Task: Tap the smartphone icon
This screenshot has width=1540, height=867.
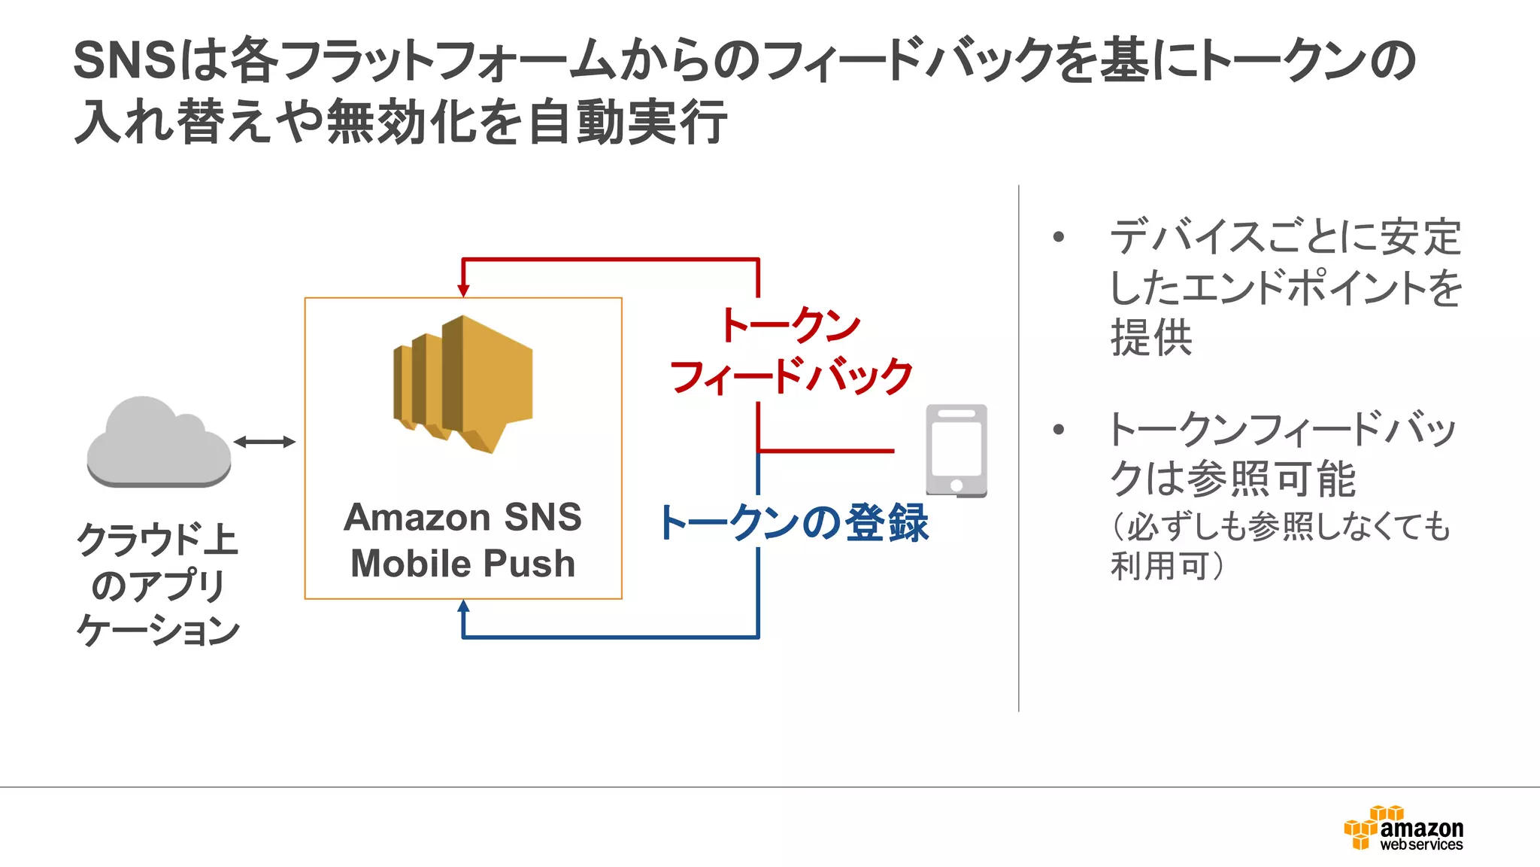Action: pos(956,451)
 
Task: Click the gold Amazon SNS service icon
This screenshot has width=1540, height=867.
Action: pos(464,384)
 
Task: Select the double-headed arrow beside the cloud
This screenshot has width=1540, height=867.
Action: pos(264,442)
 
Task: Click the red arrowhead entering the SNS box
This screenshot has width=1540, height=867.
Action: pos(463,290)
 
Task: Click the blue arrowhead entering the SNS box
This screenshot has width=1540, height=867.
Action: pos(463,607)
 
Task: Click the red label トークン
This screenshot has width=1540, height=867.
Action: pos(790,325)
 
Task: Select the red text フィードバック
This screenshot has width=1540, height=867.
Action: pos(791,376)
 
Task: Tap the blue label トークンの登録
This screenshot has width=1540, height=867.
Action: pos(794,523)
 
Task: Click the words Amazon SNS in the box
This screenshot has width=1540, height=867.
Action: pos(462,517)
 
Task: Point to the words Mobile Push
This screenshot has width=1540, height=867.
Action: pos(462,564)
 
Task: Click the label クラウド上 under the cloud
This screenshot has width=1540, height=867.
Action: pos(157,539)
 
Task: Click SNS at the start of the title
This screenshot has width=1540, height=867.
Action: pos(124,60)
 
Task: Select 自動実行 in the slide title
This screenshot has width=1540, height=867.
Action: pos(627,123)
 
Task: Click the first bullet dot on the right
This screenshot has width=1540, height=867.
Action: pos(1059,237)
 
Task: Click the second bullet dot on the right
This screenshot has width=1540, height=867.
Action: pos(1059,430)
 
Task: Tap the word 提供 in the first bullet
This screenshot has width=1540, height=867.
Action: pos(1151,337)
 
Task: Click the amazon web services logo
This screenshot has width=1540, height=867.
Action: pos(1403,828)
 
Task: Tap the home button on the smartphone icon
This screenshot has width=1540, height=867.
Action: pos(956,485)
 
